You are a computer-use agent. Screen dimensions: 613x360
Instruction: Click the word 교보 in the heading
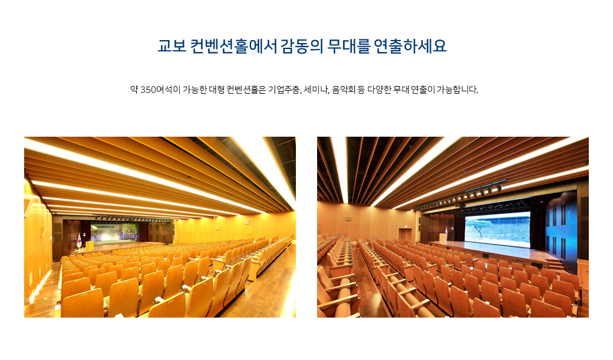pos(172,46)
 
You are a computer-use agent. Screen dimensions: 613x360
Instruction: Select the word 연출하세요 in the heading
pos(410,46)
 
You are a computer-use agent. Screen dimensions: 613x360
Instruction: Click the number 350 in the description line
pos(148,90)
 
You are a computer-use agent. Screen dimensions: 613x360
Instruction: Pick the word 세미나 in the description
pos(316,90)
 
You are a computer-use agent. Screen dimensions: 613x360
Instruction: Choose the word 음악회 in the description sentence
pos(343,90)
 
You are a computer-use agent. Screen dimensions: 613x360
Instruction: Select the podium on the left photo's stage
pos(90,246)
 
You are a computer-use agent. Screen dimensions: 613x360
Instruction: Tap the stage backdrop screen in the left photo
pos(115,232)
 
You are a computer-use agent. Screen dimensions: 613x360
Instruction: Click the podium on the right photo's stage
pos(442,237)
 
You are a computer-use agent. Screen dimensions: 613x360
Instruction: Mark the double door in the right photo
pos(405,235)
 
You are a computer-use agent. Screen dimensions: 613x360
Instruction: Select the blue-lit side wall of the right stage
pos(561,230)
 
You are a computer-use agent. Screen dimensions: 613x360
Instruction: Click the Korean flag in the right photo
pos(447,232)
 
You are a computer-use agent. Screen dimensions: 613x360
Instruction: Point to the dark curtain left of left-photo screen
pos(87,232)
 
